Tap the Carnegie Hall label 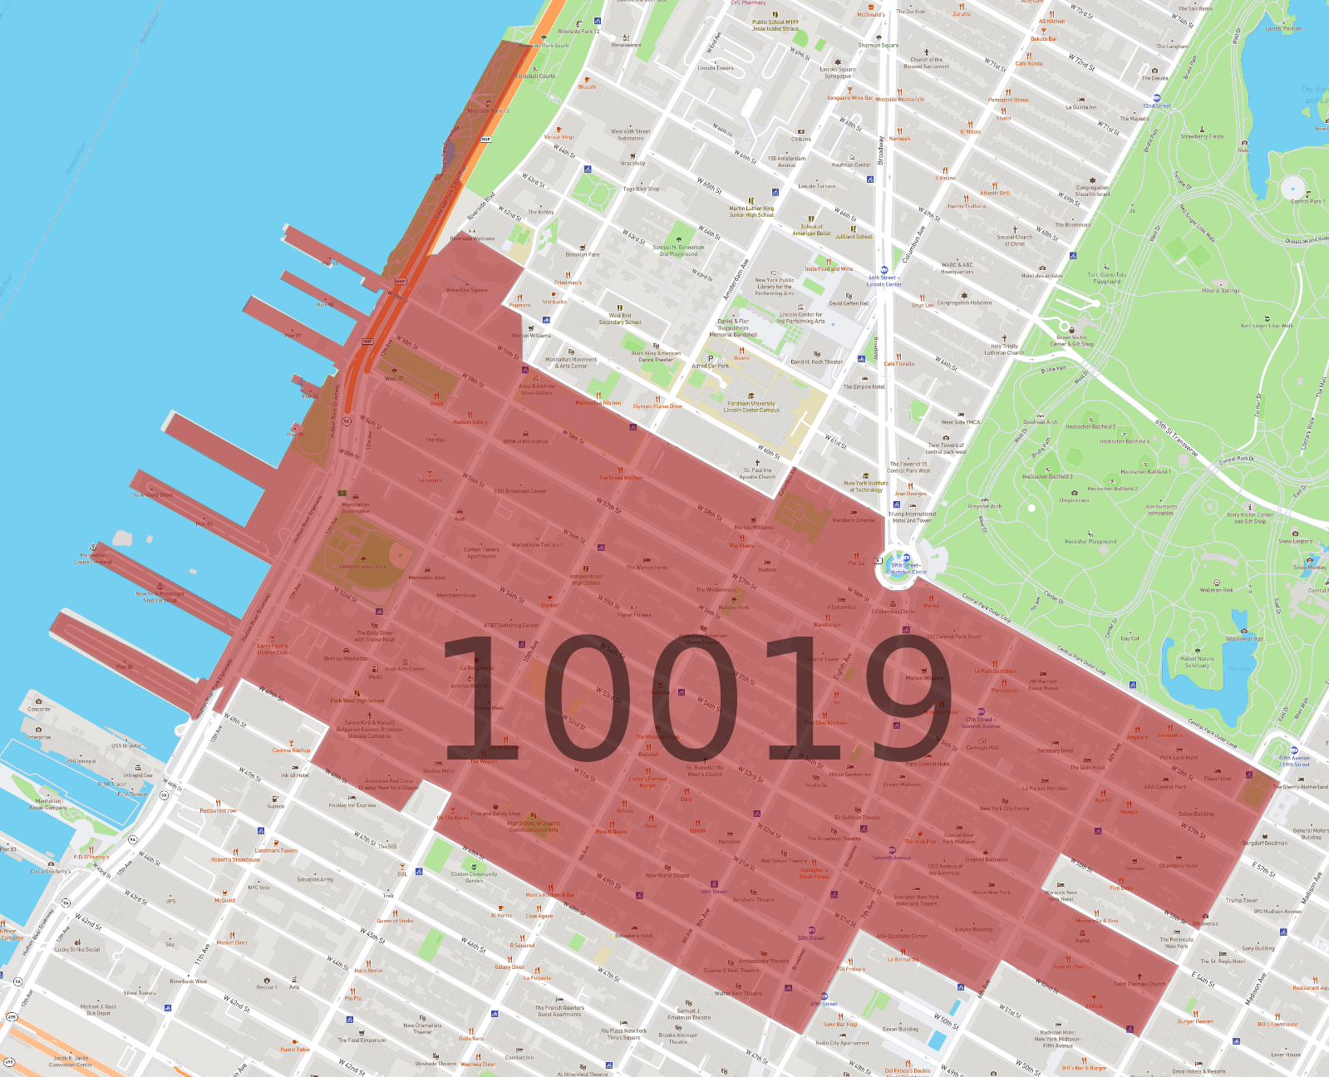(x=982, y=747)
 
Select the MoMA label (x=1082, y=941)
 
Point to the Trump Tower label (x=1241, y=900)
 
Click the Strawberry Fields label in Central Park (x=1202, y=136)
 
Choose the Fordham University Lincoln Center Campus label (x=751, y=406)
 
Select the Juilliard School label (x=854, y=237)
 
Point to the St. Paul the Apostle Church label (x=757, y=473)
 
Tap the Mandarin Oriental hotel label (x=854, y=520)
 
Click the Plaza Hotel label (x=1217, y=779)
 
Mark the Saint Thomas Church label (x=1139, y=984)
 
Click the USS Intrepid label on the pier (x=81, y=761)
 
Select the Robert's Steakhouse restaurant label (x=235, y=859)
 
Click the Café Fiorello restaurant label (x=898, y=363)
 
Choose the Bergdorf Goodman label (x=1264, y=843)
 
